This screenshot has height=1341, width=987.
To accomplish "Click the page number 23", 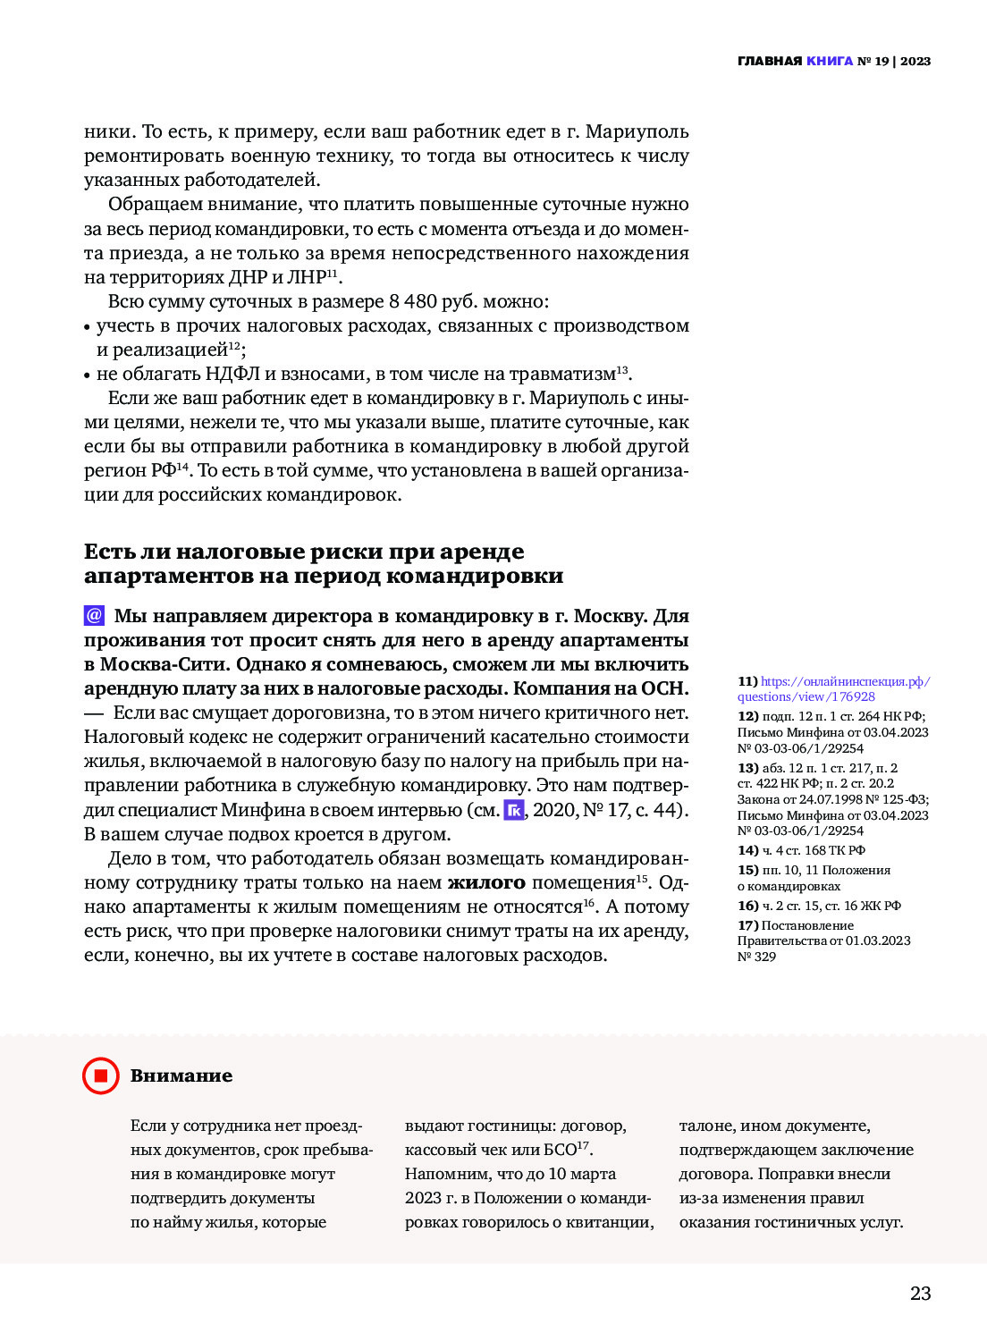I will pos(920,1293).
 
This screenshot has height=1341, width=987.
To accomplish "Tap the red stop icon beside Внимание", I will pos(100,1075).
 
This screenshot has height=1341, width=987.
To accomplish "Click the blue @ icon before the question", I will pos(94,616).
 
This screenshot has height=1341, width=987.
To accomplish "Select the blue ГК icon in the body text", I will pos(514,810).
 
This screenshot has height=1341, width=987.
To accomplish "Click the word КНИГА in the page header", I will pos(829,62).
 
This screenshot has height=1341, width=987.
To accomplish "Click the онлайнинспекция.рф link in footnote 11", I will pos(845,681).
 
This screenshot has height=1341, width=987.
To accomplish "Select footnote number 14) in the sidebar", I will pos(747,850).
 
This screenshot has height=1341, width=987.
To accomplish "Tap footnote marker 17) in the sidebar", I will pos(747,925).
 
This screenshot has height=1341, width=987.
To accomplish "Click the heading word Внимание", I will pos(181,1075).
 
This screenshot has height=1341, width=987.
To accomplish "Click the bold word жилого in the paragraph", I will pos(486,882).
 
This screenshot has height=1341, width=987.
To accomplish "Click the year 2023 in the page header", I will pos(915,62).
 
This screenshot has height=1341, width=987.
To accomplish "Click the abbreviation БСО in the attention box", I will pos(560,1151).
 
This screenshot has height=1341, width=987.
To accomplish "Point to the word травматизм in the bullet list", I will pos(566,374).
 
